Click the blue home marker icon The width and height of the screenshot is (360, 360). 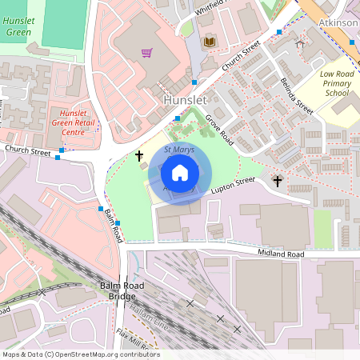coord(180,172)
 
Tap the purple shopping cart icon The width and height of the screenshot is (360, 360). coord(146,54)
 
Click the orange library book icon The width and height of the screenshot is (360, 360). coord(210,42)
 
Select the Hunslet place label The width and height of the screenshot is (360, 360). coord(186,100)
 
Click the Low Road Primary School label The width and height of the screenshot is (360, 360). coord(337,83)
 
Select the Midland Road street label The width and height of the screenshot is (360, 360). coord(281,254)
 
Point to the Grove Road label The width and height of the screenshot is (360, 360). coord(218,129)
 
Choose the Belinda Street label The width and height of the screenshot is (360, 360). coord(296,93)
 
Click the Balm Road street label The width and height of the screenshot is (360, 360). coord(111,226)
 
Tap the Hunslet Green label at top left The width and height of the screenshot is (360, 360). coord(18,26)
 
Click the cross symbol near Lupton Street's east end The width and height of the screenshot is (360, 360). coord(278,181)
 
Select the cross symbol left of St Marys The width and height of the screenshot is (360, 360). coord(139,155)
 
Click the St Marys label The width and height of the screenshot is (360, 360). coord(179,150)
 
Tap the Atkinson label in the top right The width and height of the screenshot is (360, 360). coord(338,23)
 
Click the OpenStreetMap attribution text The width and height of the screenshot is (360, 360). coord(81,354)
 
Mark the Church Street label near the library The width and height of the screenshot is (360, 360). coord(242,59)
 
